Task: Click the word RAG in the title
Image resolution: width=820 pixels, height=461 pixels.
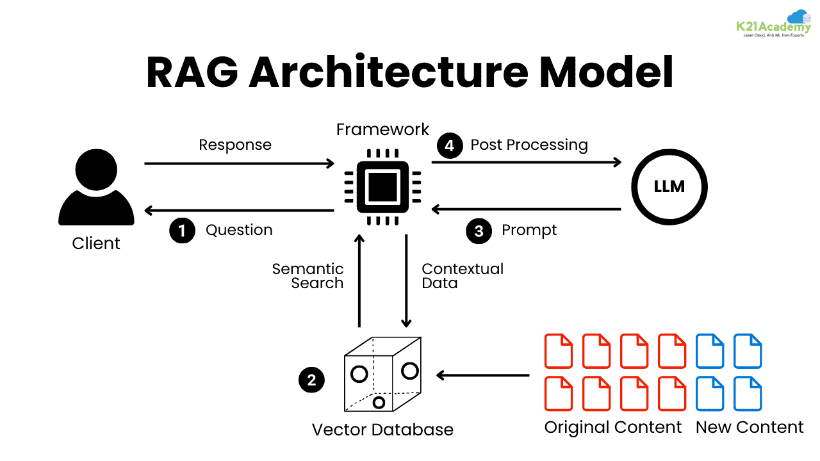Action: pyautogui.click(x=192, y=72)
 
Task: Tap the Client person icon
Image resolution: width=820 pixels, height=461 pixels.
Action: pyautogui.click(x=96, y=190)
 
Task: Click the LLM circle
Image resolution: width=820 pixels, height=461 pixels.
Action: pyautogui.click(x=669, y=187)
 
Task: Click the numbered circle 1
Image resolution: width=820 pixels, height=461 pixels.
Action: pyautogui.click(x=182, y=230)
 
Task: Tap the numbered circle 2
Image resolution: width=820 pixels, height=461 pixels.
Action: pyautogui.click(x=311, y=380)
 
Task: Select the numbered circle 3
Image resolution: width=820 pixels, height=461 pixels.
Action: pyautogui.click(x=479, y=230)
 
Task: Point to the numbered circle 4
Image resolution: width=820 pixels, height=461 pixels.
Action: pyautogui.click(x=450, y=145)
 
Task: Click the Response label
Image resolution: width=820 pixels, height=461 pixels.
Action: pyautogui.click(x=235, y=145)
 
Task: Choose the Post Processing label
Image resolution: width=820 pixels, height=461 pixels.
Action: pyautogui.click(x=529, y=145)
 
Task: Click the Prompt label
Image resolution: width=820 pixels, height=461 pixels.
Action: pyautogui.click(x=529, y=230)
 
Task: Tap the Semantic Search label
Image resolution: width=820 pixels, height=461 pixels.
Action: pyautogui.click(x=308, y=276)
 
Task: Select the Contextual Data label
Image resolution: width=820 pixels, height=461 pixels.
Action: pyautogui.click(x=462, y=276)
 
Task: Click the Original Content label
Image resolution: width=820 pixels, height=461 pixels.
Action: pyautogui.click(x=613, y=428)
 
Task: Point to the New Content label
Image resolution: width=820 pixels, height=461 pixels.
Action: pyautogui.click(x=750, y=428)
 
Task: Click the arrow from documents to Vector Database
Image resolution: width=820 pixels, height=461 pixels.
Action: pyautogui.click(x=483, y=375)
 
